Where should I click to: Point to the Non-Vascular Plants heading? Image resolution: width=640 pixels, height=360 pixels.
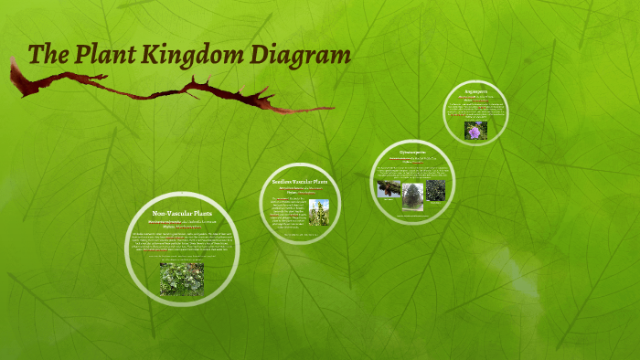pos(182,213)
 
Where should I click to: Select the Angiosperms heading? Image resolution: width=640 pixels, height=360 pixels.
pos(475,91)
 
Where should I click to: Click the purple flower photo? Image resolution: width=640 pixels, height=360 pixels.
pos(475,131)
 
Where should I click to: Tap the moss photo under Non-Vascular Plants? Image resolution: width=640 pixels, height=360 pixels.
pos(182,279)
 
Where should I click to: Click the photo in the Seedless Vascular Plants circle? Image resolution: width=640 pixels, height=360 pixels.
pos(318,212)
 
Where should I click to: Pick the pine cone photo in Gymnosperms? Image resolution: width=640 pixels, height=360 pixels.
pos(388,189)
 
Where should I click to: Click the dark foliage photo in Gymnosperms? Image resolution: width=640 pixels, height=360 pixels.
pos(436,189)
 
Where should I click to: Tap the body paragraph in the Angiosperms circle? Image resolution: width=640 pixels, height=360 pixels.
pos(475,110)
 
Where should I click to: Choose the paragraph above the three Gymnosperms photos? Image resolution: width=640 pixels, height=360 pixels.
pos(412,172)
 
